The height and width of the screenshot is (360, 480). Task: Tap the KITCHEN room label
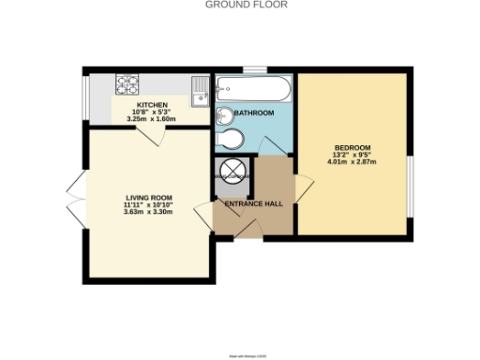tap(153, 104)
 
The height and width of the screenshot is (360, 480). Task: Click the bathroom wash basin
tap(223, 115)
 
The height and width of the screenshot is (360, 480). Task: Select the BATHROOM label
tap(254, 113)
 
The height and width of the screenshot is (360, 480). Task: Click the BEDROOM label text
tap(353, 148)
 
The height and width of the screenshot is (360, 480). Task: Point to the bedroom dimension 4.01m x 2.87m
tap(353, 162)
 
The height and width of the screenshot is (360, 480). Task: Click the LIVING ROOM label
tap(149, 198)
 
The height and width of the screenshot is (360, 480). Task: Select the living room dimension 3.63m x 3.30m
tap(149, 212)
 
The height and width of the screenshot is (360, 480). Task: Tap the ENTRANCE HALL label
tap(254, 202)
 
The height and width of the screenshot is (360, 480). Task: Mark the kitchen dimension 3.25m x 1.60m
tap(153, 118)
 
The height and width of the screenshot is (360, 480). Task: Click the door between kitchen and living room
tap(150, 134)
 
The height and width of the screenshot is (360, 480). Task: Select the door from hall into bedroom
tap(298, 187)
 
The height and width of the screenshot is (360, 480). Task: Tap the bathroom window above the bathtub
tap(253, 68)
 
